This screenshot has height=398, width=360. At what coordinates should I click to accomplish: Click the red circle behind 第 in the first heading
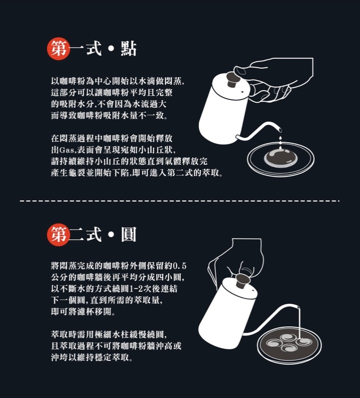pos(58,49)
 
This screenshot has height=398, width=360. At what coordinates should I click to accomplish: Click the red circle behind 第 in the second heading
pos(58,235)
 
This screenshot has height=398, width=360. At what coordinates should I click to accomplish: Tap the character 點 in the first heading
pos(129,49)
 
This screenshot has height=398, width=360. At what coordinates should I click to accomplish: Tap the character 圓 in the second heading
pos(129,235)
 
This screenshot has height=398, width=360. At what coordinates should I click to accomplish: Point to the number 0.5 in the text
pos(179,266)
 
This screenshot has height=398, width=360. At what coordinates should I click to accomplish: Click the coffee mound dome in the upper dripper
pos(281,158)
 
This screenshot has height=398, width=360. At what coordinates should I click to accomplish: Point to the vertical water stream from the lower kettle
pos(299,323)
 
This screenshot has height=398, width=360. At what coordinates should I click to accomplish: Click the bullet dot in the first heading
pos(111,49)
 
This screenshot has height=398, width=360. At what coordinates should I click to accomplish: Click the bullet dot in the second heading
pos(111,235)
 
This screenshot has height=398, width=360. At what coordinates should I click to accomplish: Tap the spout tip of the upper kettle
pos(280,130)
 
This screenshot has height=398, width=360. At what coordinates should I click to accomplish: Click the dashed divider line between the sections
pos(179,201)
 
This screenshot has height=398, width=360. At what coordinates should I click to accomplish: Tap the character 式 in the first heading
pos(94,49)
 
